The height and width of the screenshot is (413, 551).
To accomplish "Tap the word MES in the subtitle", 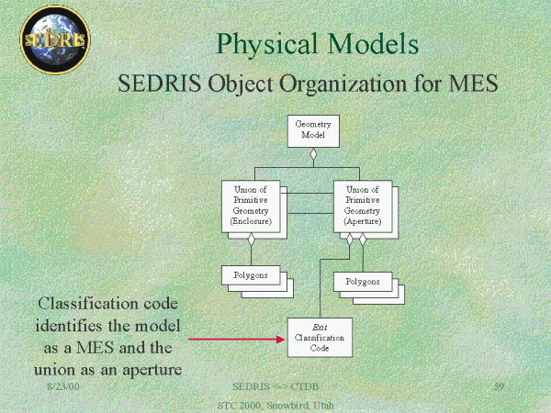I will click(x=467, y=84).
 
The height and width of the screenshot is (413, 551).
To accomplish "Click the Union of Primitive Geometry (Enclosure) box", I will click(x=251, y=205).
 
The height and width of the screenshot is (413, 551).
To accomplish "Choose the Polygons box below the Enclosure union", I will click(x=250, y=274).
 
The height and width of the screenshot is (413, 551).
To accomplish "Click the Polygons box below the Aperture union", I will click(x=362, y=281).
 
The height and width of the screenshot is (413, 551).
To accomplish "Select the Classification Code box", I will click(x=320, y=337).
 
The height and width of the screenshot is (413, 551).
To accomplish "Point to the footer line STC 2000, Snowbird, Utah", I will click(x=276, y=405).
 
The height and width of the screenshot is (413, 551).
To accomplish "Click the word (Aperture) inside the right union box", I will click(x=363, y=221).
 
